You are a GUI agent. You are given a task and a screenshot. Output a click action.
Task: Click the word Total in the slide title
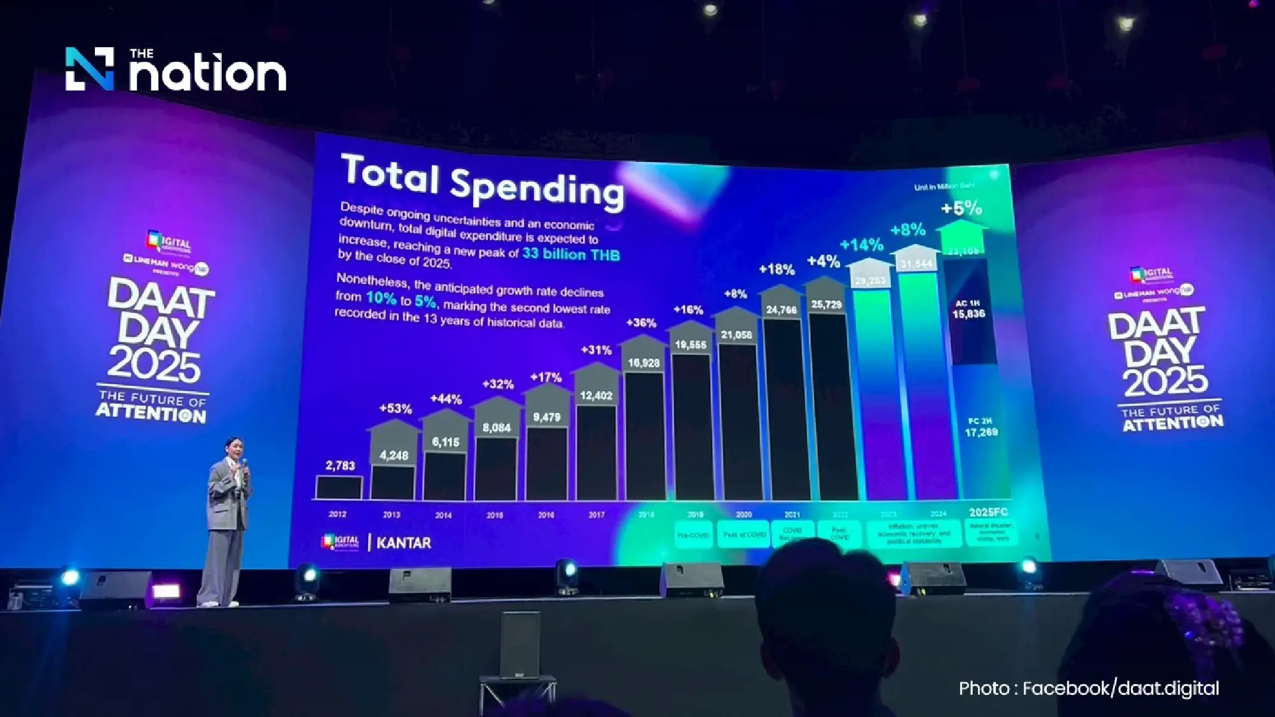click(390, 173)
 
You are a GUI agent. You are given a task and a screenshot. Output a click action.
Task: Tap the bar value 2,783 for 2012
click(340, 466)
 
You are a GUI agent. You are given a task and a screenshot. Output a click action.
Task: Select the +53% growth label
click(395, 409)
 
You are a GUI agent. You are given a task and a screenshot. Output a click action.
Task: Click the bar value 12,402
click(596, 396)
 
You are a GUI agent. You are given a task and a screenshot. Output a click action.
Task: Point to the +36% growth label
click(641, 323)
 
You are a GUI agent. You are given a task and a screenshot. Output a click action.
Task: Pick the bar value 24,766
click(781, 310)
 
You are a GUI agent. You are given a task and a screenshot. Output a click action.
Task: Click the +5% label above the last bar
click(961, 208)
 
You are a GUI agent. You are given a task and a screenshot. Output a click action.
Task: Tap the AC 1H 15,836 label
click(968, 309)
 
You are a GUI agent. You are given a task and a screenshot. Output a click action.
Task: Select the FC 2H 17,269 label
click(980, 428)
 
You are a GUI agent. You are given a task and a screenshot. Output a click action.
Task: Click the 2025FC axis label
click(988, 512)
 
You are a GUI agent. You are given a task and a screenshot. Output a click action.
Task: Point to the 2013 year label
click(391, 514)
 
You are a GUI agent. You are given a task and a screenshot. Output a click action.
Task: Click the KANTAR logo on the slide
click(404, 543)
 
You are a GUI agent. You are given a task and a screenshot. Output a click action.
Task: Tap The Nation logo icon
click(90, 69)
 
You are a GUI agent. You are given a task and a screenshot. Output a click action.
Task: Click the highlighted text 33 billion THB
click(571, 254)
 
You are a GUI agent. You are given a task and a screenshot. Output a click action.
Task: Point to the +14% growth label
click(861, 245)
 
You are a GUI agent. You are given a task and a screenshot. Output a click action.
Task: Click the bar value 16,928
click(643, 363)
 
